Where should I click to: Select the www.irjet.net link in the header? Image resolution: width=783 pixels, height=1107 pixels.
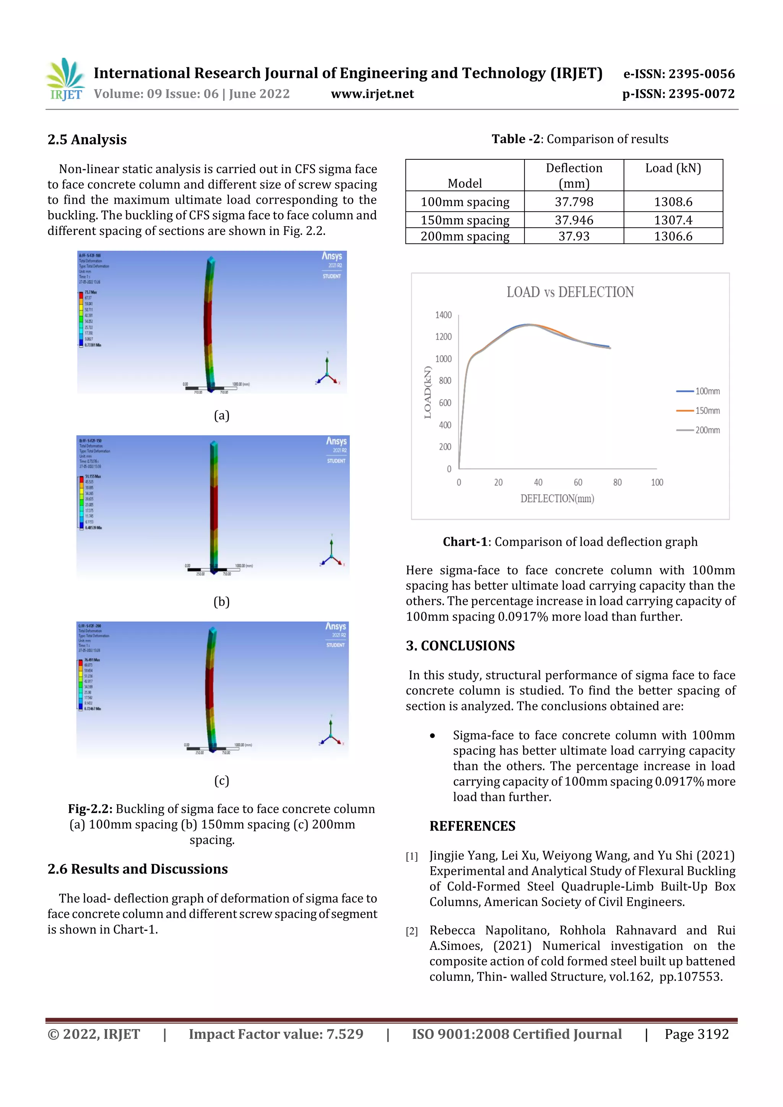pyautogui.click(x=372, y=94)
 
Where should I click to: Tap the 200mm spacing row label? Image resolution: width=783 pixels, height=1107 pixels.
pyautogui.click(x=465, y=236)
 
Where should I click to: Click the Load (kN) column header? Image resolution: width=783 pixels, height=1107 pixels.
pyautogui.click(x=673, y=168)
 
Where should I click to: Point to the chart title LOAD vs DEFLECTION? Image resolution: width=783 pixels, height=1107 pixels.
pyautogui.click(x=570, y=292)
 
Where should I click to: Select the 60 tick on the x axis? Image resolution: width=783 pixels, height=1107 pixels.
pyautogui.click(x=577, y=482)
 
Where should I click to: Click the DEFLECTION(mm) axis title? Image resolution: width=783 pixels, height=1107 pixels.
pyautogui.click(x=557, y=499)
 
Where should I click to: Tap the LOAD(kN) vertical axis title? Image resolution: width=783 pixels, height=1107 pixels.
pyautogui.click(x=427, y=392)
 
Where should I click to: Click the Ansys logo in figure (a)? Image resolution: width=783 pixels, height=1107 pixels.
pyautogui.click(x=331, y=256)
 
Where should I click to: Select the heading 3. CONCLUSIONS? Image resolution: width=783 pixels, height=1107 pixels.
pyautogui.click(x=460, y=645)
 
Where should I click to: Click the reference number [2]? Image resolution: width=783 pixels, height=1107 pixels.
pyautogui.click(x=411, y=931)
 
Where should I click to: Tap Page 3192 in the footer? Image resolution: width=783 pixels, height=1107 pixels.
pyautogui.click(x=696, y=1034)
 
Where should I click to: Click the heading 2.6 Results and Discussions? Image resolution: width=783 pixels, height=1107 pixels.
pyautogui.click(x=138, y=869)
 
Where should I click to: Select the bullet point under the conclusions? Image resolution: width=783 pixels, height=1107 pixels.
pyautogui.click(x=432, y=736)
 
